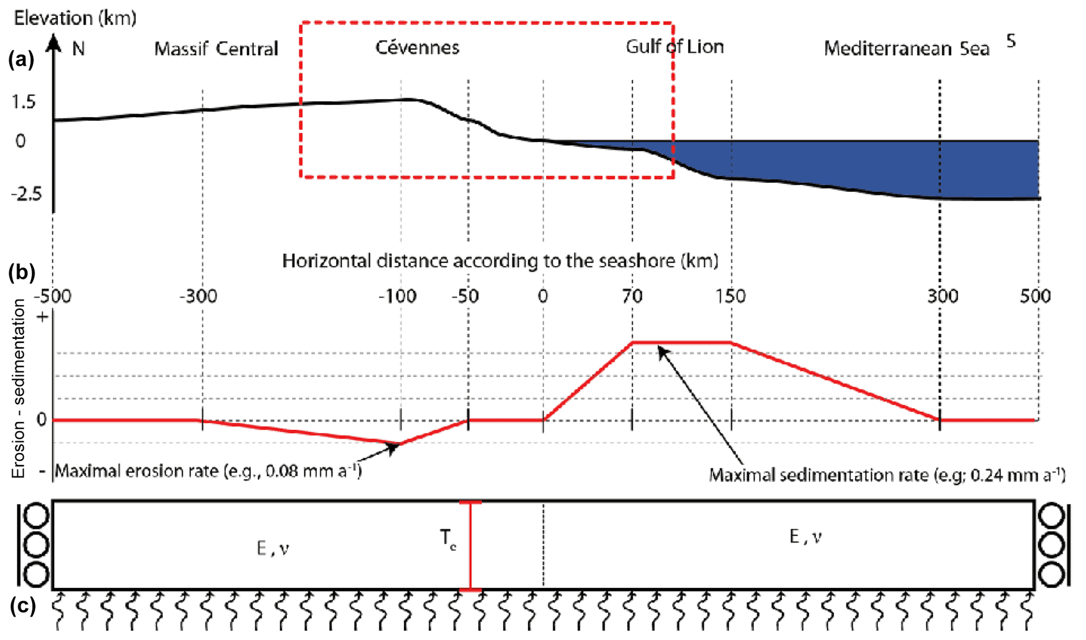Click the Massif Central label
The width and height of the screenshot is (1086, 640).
pyautogui.click(x=216, y=49)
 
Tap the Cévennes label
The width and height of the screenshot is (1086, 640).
pyautogui.click(x=417, y=47)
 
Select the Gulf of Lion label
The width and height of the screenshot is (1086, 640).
pyautogui.click(x=675, y=47)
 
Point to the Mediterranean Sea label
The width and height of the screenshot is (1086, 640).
pyautogui.click(x=906, y=48)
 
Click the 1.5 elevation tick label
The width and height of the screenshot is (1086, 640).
pyautogui.click(x=24, y=101)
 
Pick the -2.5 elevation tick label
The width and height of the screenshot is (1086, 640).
pyautogui.click(x=26, y=194)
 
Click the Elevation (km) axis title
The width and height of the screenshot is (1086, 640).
pyautogui.click(x=75, y=18)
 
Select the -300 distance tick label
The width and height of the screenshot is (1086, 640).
pyautogui.click(x=198, y=296)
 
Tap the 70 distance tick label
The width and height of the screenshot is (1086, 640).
pyautogui.click(x=632, y=296)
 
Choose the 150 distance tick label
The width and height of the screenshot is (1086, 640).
pyautogui.click(x=731, y=296)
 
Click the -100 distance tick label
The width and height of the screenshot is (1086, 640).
pyautogui.click(x=397, y=296)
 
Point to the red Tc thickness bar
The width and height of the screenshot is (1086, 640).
pyautogui.click(x=470, y=546)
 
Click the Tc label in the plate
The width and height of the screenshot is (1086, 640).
pyautogui.click(x=448, y=539)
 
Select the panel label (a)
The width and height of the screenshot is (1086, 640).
pyautogui.click(x=21, y=59)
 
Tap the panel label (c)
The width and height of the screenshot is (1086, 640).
pyautogui.click(x=23, y=606)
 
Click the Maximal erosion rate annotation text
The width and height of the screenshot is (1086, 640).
pyautogui.click(x=208, y=471)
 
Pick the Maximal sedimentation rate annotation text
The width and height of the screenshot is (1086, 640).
pyautogui.click(x=887, y=475)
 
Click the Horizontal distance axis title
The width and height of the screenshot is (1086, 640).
pyautogui.click(x=500, y=261)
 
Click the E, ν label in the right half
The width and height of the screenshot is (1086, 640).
pyautogui.click(x=805, y=536)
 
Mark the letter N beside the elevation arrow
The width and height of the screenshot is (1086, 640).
pyautogui.click(x=78, y=49)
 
